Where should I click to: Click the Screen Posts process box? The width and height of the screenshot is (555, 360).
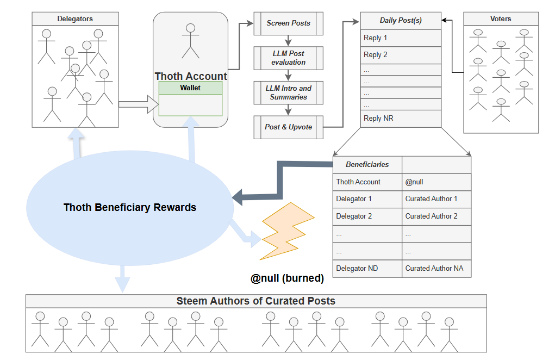[x=288, y=23]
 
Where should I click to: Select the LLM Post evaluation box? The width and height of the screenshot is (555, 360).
[x=288, y=58]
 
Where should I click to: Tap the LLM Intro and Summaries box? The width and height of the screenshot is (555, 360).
[x=288, y=93]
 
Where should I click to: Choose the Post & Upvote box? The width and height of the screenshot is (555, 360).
[x=288, y=127]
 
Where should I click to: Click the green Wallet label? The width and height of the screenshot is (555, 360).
[x=190, y=88]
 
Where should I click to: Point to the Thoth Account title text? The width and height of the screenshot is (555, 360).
[x=191, y=76]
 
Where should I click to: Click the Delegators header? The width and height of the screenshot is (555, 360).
[x=75, y=18]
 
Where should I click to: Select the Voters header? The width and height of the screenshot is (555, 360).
[x=501, y=18]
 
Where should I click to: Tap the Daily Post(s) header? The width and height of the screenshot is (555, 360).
[x=401, y=21]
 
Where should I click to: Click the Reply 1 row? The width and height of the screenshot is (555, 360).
[x=401, y=38]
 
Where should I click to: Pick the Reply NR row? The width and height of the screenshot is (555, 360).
[x=401, y=119]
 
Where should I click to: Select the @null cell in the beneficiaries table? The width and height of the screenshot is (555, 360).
[x=436, y=182]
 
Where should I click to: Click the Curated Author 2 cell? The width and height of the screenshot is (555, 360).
[x=436, y=216]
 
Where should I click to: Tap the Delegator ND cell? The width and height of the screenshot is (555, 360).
[x=367, y=268]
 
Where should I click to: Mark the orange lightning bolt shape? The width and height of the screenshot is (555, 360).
[x=286, y=232]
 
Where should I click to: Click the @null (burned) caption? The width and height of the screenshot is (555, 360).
[x=287, y=278]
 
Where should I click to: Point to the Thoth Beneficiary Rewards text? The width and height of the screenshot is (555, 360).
[x=130, y=207]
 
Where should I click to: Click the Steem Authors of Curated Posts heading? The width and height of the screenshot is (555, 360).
[x=256, y=301]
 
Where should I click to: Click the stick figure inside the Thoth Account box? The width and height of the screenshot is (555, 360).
[x=190, y=41]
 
